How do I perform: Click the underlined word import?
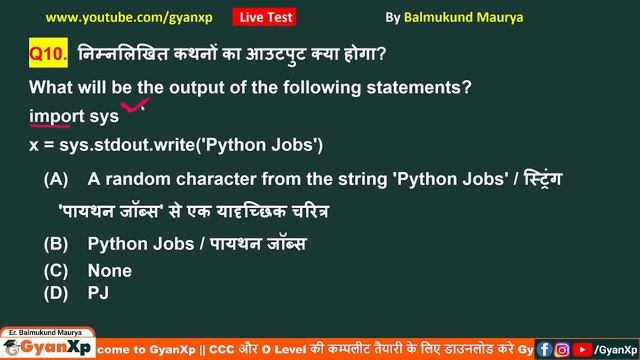coord(56,116)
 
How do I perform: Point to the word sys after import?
coord(104,116)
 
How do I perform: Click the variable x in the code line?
coord(34,145)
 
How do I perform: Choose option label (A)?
coord(56,181)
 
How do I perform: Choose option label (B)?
coord(56,244)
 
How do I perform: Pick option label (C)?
coord(56,271)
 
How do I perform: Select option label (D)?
coord(56,293)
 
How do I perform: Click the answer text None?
coord(110,271)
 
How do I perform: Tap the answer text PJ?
coord(98,293)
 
